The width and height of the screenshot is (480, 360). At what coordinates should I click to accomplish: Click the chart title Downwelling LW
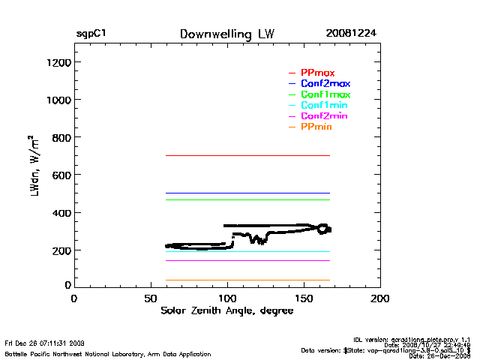tap(227, 34)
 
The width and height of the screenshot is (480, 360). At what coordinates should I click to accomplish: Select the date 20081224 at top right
tap(351, 34)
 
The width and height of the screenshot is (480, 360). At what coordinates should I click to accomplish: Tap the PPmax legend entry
tap(317, 72)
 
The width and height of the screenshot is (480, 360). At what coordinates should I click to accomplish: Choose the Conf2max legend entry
tap(325, 83)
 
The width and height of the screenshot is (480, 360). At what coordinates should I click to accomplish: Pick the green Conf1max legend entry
tap(325, 94)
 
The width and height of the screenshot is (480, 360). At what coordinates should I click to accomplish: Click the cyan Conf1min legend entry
tap(324, 106)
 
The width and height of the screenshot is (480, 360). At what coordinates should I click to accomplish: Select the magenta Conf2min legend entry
tap(324, 117)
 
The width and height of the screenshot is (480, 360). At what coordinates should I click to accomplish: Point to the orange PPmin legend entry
tap(316, 128)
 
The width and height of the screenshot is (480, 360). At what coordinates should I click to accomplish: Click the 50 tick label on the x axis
tap(150, 298)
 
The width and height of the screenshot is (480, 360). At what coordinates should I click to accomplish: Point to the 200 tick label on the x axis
tap(380, 298)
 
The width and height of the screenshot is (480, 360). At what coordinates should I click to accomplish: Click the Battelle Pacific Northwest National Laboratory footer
tap(108, 353)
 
